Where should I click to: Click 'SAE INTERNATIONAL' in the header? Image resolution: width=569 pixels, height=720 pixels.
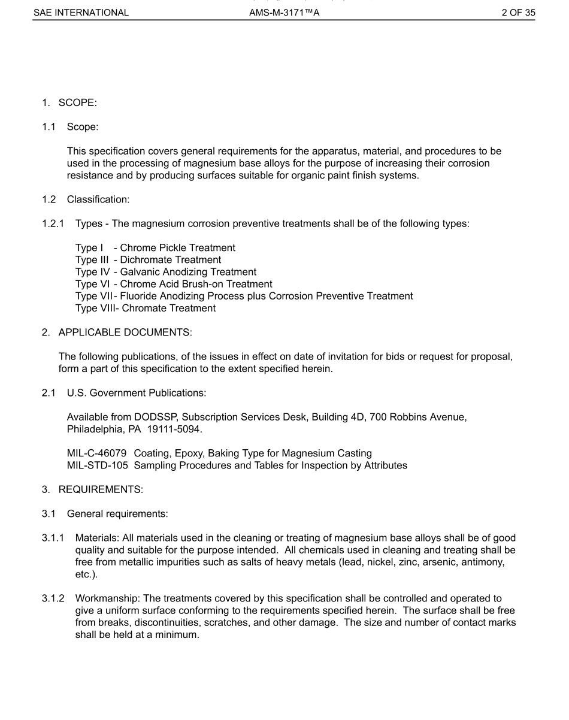coord(81,12)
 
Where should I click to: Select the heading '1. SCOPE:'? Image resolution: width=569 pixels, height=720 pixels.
coord(69,103)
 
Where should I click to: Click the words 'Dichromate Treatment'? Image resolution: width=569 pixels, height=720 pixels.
coord(171,260)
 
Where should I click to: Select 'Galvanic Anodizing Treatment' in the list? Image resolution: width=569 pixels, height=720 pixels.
coord(188,272)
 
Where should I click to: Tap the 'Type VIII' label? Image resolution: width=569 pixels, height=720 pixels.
coord(93,308)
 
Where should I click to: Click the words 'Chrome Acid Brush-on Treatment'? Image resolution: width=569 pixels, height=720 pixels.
coord(196,284)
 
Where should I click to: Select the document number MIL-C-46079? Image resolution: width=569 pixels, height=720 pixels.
coord(96,453)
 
